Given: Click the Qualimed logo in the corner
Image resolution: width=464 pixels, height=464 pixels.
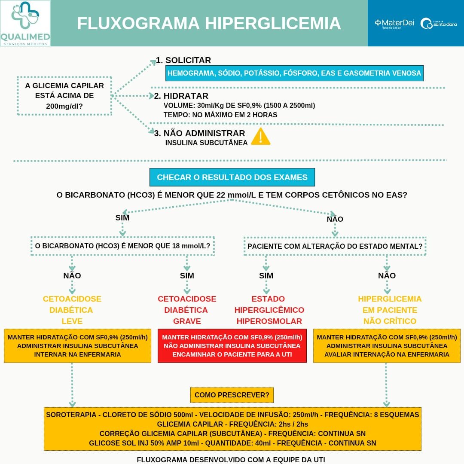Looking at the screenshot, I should pyautogui.click(x=25, y=23).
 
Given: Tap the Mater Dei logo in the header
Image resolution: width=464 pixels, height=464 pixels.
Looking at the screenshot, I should pyautogui.click(x=394, y=23).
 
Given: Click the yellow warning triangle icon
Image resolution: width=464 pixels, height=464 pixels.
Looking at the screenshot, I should pyautogui.click(x=260, y=137).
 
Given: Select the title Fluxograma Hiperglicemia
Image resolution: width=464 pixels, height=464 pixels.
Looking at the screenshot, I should pyautogui.click(x=209, y=23).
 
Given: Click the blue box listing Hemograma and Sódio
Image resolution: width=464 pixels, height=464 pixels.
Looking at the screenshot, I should pyautogui.click(x=294, y=73).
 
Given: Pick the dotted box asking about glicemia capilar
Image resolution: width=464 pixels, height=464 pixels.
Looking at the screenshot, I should pyautogui.click(x=64, y=96).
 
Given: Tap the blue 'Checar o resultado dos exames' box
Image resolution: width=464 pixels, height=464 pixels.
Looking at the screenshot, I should pyautogui.click(x=232, y=177).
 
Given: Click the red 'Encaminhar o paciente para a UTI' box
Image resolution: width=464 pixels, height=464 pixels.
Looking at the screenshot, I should pyautogui.click(x=232, y=346).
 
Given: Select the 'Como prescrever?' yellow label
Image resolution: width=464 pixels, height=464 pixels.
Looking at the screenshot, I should pyautogui.click(x=232, y=395).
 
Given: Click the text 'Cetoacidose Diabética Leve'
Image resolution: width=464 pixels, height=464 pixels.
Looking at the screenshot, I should pyautogui.click(x=72, y=310).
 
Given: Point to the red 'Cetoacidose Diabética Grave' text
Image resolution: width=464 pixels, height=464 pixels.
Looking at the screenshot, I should pyautogui.click(x=187, y=310).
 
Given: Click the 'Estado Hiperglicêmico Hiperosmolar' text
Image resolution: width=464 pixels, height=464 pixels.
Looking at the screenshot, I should pyautogui.click(x=269, y=310).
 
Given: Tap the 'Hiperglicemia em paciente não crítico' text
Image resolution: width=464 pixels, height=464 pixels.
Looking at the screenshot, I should pyautogui.click(x=390, y=310).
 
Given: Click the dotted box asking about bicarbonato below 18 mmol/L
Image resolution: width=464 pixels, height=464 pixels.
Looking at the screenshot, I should pyautogui.click(x=122, y=246).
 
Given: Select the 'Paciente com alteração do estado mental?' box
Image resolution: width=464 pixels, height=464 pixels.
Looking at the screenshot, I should pyautogui.click(x=335, y=246).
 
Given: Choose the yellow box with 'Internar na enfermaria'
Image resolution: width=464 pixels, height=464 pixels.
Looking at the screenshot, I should pyautogui.click(x=77, y=346).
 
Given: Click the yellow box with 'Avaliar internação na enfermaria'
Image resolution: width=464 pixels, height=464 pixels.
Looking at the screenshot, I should pyautogui.click(x=387, y=346).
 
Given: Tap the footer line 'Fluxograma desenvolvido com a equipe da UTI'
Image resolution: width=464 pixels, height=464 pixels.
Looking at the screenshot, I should pyautogui.click(x=231, y=459).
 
